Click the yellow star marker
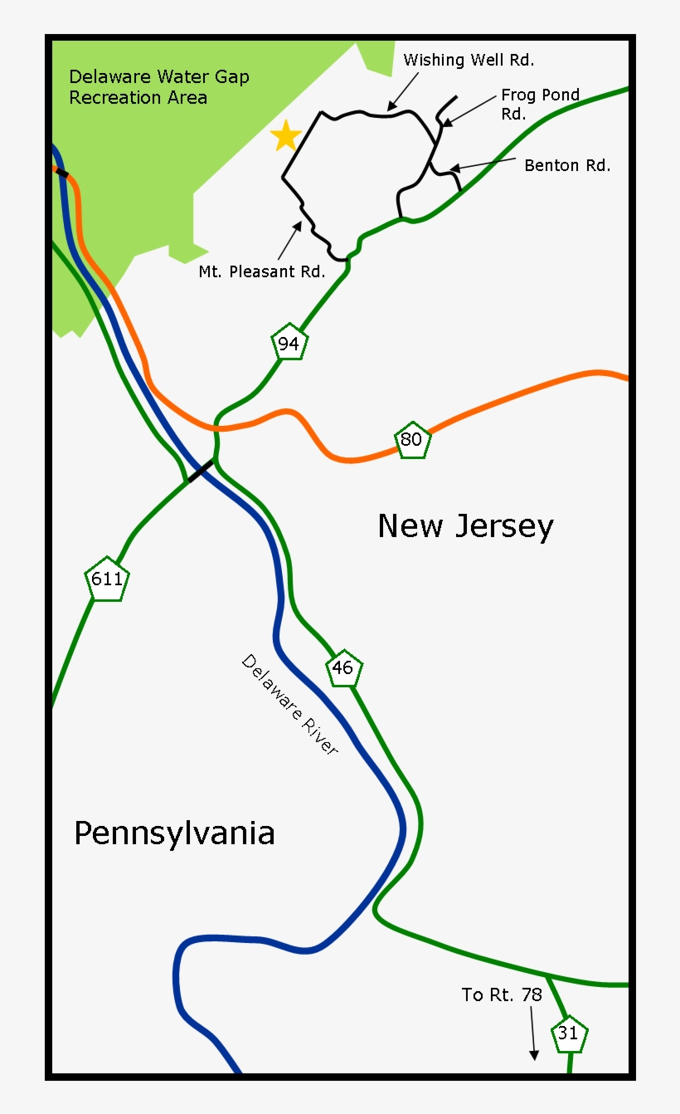[286, 135]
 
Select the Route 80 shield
[411, 440]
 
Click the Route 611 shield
[107, 579]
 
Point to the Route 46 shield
[343, 667]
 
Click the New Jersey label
[465, 526]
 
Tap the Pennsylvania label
[174, 833]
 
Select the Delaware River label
[290, 705]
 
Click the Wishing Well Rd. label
[469, 60]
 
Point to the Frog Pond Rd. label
[540, 105]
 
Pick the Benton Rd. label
[567, 165]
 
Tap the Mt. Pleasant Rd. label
[261, 271]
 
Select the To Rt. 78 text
[502, 994]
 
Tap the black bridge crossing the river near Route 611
[200, 471]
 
